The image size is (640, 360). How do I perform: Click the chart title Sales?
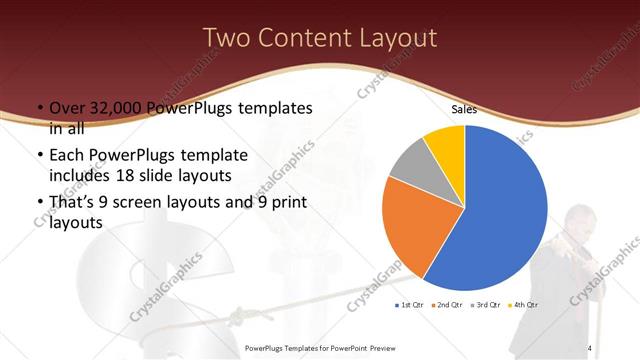[x=464, y=108]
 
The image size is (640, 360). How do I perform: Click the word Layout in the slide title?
[x=394, y=38]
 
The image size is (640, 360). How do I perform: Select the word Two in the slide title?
[x=226, y=38]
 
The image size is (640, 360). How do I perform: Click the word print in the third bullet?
[x=289, y=203]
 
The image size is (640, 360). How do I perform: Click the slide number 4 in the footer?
[x=590, y=347]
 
